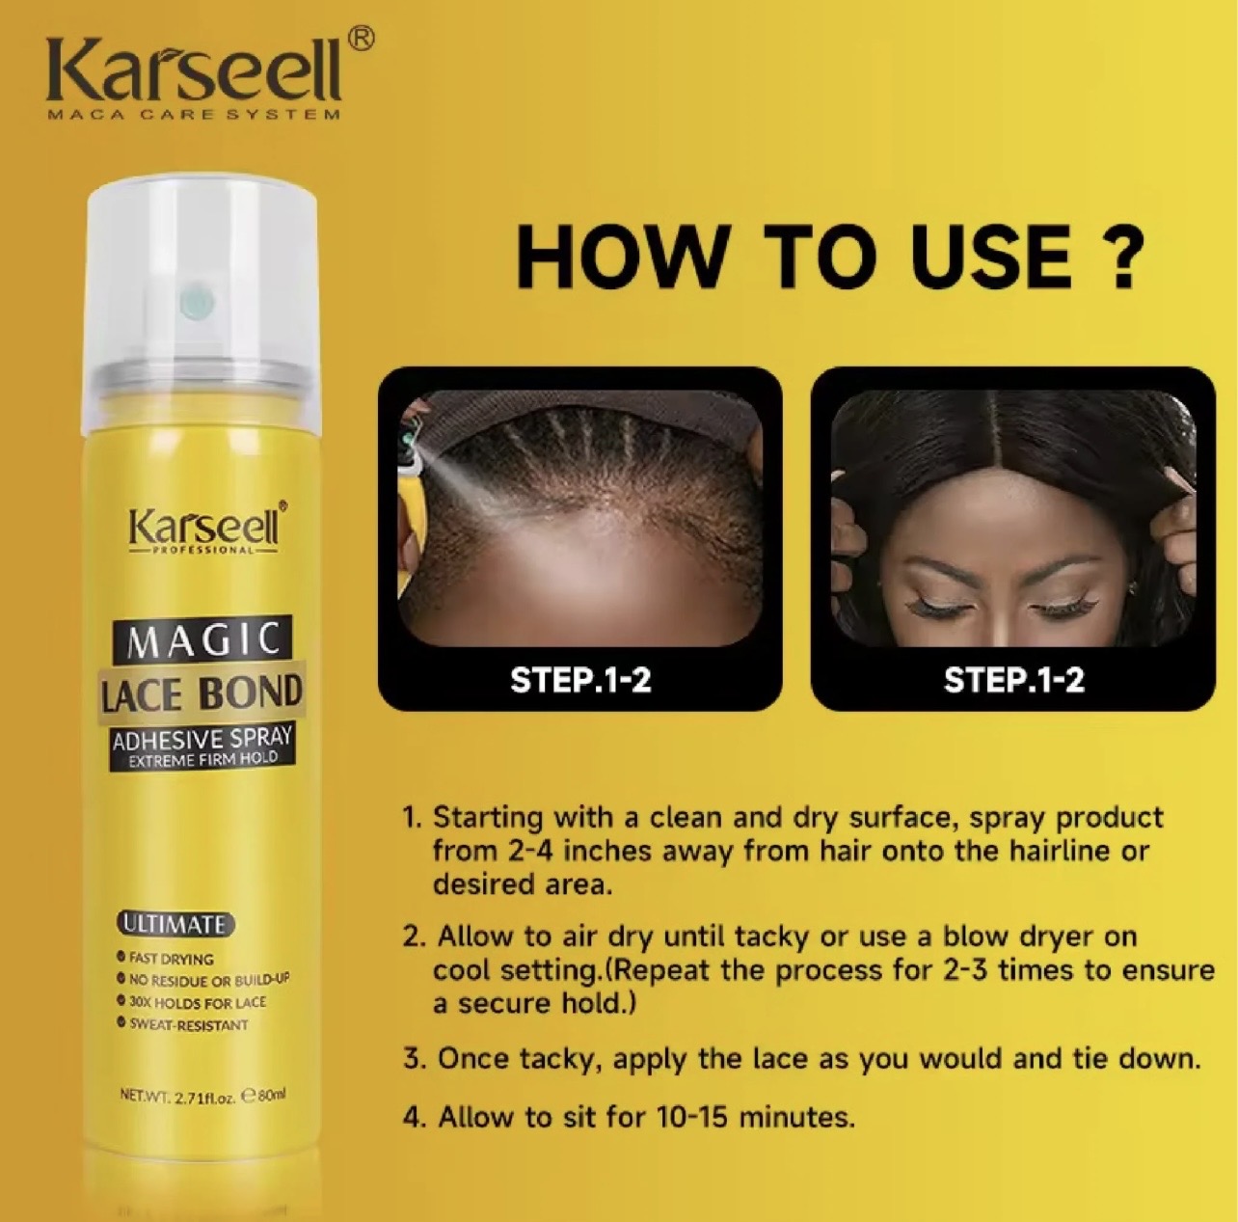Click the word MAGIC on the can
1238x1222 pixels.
[x=202, y=638]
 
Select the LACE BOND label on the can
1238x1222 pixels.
[x=202, y=692]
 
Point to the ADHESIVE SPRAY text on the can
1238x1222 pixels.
[x=202, y=739]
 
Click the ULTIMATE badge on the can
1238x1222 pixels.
[x=173, y=925]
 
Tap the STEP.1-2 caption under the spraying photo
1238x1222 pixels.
[x=580, y=681]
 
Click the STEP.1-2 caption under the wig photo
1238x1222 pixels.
[x=1013, y=681]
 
